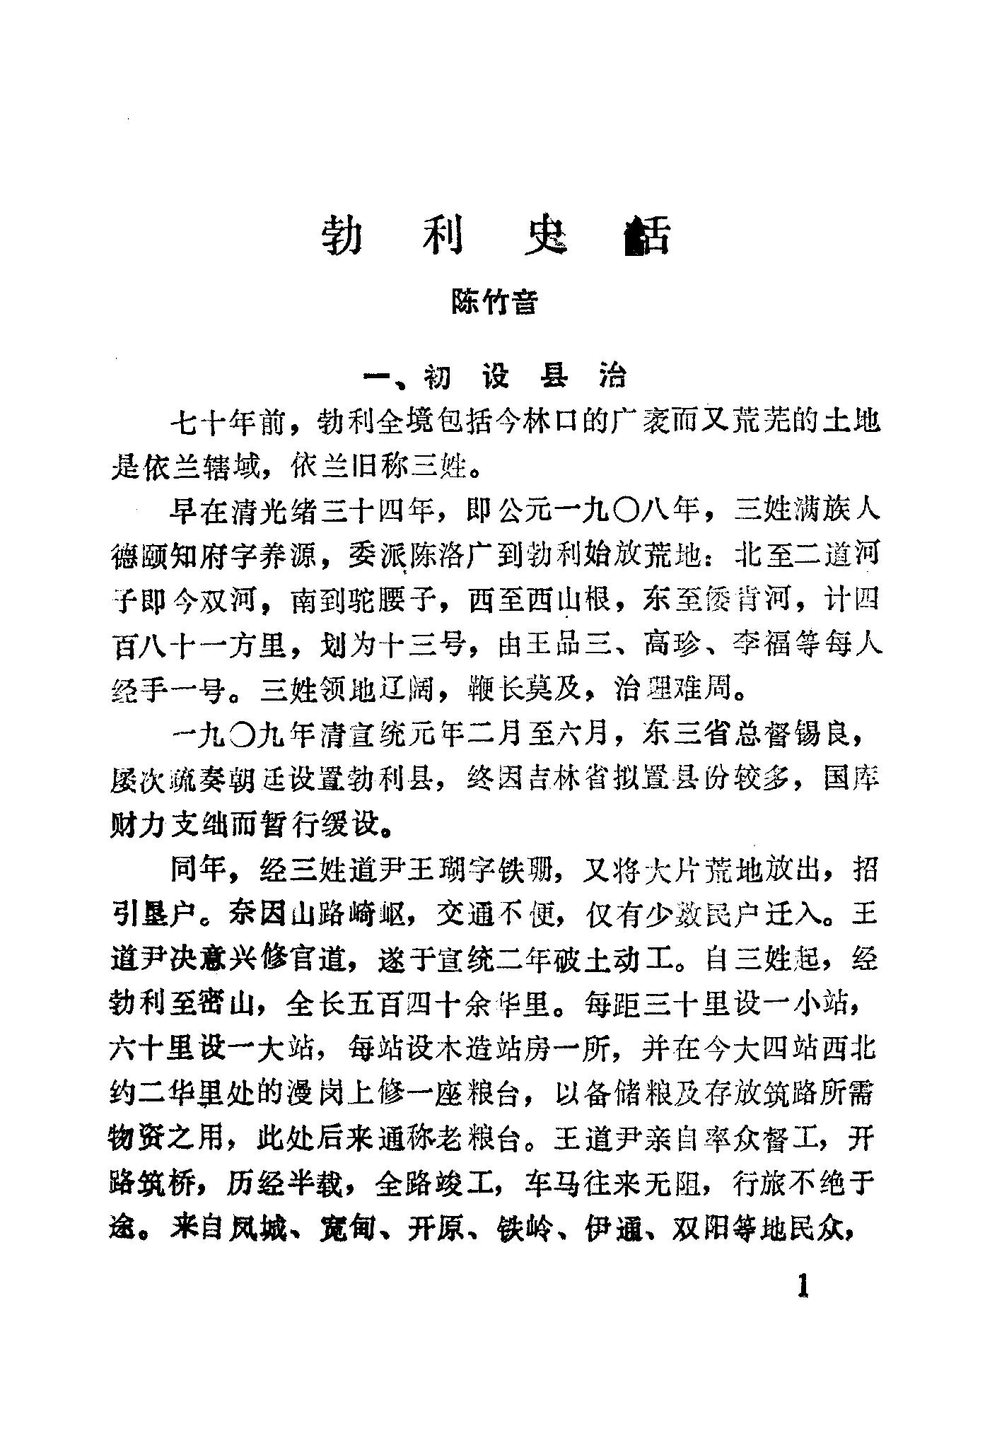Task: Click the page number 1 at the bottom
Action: tap(802, 1286)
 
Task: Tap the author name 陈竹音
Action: tap(494, 303)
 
